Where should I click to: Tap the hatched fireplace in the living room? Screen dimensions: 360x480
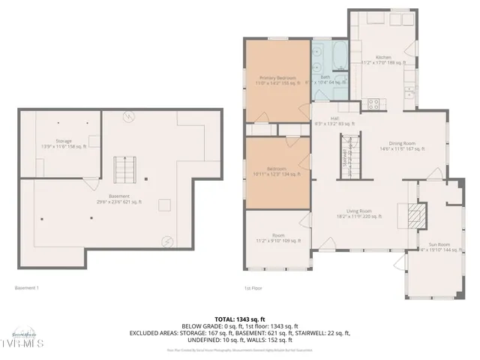[416, 217]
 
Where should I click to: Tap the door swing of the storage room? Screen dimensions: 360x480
[91, 181]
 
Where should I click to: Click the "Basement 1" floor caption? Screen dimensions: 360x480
[27, 288]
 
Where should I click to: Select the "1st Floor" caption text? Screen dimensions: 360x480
[253, 288]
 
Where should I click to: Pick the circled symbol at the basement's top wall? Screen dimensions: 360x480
[128, 116]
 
